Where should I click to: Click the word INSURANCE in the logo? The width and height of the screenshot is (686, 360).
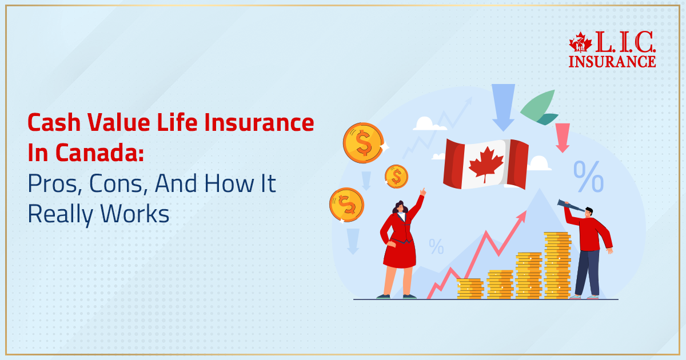[612, 61]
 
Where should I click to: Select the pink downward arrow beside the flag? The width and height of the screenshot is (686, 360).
[563, 137]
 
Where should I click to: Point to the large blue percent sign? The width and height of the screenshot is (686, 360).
[588, 177]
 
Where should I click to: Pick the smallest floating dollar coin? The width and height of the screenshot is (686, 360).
[396, 176]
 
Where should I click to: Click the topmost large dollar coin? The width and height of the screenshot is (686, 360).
[363, 143]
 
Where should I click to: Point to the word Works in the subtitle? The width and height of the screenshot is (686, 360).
[137, 214]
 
